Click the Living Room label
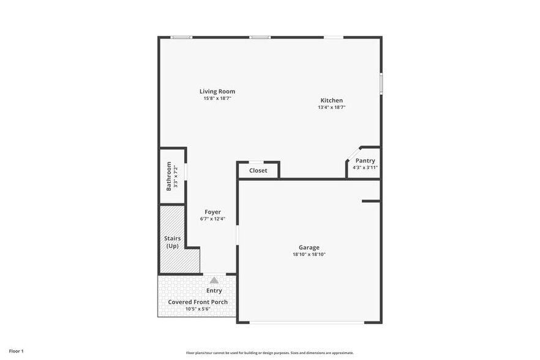click(217, 91)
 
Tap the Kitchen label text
click(331, 100)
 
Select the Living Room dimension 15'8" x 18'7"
click(217, 98)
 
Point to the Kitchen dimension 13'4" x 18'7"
click(331, 107)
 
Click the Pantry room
click(365, 163)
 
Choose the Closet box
click(258, 170)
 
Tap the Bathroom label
click(169, 176)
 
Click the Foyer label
click(212, 212)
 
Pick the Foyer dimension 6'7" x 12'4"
click(212, 219)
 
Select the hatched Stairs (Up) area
click(172, 241)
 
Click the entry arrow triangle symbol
click(214, 280)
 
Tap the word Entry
click(214, 291)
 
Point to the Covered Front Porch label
click(198, 302)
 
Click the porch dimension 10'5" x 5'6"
click(198, 309)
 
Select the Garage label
click(309, 247)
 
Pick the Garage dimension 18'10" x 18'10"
click(309, 254)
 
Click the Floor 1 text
click(13, 351)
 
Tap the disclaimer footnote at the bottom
click(270, 353)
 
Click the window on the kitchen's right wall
click(380, 83)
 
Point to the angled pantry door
click(353, 154)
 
